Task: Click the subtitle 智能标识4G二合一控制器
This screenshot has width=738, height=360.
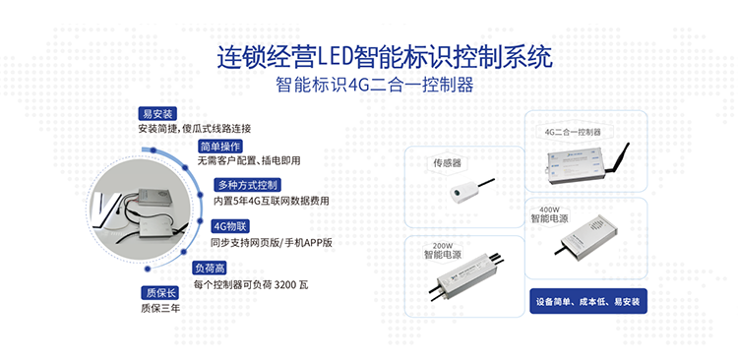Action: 376,86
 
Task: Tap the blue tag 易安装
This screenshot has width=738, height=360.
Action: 157,113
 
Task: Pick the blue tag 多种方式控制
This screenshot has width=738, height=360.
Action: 248,185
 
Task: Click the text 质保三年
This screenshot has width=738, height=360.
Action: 160,308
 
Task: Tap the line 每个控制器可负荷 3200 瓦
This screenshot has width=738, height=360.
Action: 251,284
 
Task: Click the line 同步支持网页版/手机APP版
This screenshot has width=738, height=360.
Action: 273,241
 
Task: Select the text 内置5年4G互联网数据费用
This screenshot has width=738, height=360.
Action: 277,201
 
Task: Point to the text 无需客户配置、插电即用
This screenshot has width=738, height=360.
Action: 248,159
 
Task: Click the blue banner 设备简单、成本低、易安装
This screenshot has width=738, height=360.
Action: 588,300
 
